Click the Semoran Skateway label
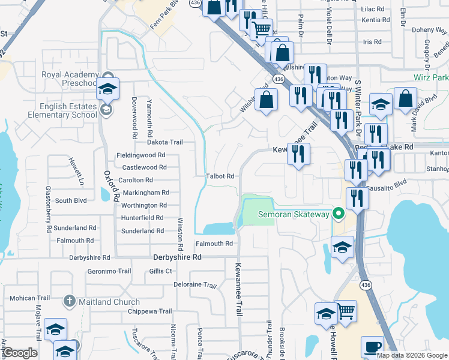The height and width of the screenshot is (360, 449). (294, 214)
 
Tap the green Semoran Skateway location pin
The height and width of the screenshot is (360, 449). (339, 214)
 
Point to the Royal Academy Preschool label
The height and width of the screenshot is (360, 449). (68, 79)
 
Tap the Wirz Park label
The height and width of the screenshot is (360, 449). (431, 78)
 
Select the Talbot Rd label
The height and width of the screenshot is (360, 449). (220, 176)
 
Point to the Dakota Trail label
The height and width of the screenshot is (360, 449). (164, 142)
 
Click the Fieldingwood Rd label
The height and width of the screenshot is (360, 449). (140, 155)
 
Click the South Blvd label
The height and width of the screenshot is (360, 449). (72, 201)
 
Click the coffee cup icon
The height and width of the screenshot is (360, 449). (372, 347)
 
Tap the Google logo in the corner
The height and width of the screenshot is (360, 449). (20, 353)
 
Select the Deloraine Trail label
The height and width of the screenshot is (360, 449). (194, 285)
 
